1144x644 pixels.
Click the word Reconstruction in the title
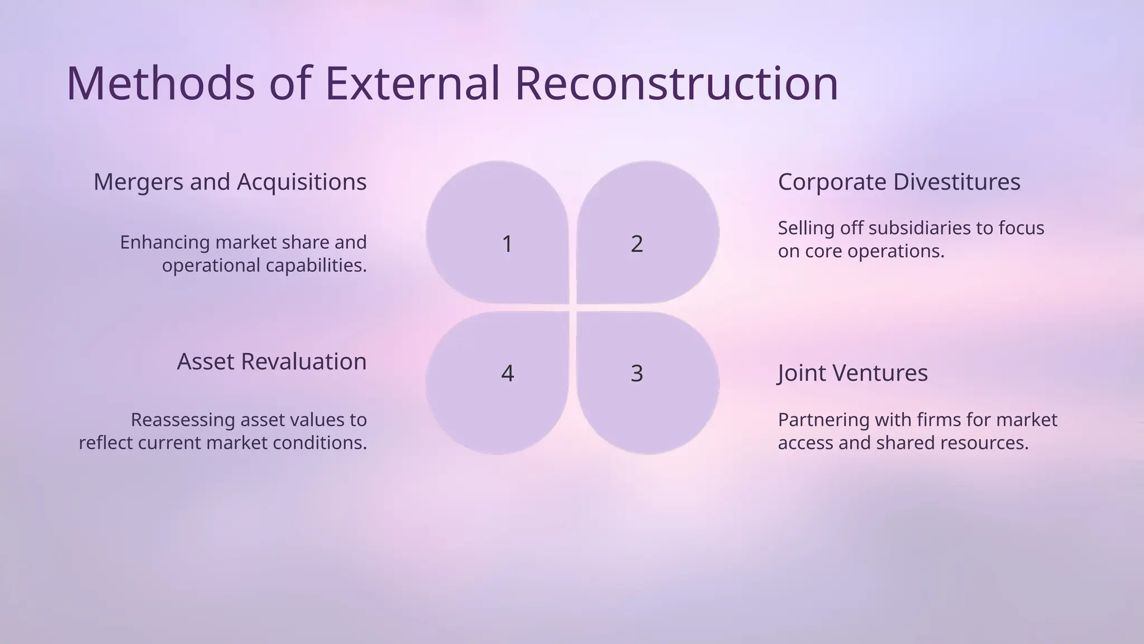coord(676,83)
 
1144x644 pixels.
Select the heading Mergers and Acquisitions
coord(230,182)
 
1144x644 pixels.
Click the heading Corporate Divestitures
coord(899,182)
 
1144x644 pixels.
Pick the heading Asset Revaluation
coord(271,362)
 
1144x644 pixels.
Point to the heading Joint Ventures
coord(852,373)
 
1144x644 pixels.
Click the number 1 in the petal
coord(507,244)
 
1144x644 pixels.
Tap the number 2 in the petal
coord(637,244)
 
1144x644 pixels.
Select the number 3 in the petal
coord(637,373)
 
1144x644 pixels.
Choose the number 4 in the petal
coord(507,373)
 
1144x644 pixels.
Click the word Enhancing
coord(165,243)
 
